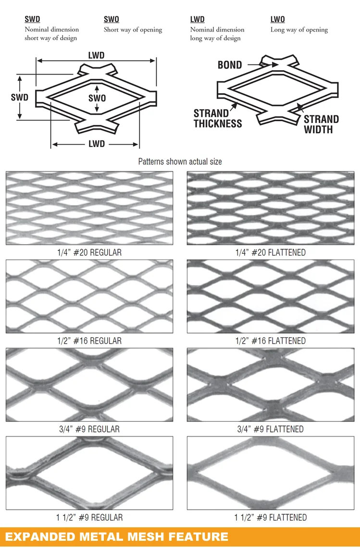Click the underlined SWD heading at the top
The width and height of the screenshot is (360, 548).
[x=32, y=20]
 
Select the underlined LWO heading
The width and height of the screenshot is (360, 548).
[x=277, y=20]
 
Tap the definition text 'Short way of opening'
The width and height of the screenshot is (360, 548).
[x=133, y=30]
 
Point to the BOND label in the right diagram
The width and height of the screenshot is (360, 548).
[x=230, y=65]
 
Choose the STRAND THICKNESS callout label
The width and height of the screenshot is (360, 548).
[x=218, y=119]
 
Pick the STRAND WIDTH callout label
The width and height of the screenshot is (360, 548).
[x=321, y=124]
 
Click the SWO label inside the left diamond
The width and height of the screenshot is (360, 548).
[x=97, y=98]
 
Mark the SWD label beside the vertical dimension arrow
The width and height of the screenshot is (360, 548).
[x=20, y=98]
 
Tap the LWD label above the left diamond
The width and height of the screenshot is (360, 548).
[x=96, y=56]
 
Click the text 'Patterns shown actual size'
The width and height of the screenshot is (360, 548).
[x=180, y=162]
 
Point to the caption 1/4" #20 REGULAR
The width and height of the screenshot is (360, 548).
[x=89, y=252]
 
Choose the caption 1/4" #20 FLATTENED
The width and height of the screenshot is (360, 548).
[x=270, y=252]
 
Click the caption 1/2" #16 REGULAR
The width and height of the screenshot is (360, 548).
[x=89, y=341]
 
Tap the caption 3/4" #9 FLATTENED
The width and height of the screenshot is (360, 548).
[x=270, y=429]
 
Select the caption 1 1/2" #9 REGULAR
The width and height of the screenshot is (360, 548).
[x=89, y=517]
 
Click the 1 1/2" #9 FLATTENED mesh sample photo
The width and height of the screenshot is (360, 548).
[x=270, y=473]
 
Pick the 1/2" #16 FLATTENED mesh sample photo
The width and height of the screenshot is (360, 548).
[x=270, y=296]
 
